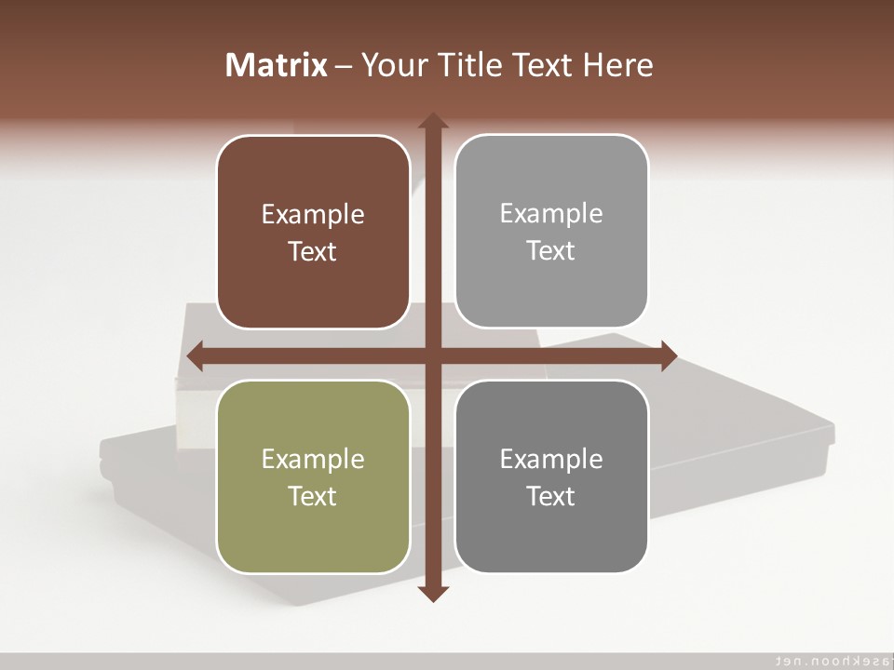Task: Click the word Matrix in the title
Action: click(x=277, y=65)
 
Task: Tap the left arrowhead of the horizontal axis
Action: click(x=196, y=355)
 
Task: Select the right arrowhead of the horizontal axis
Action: click(x=669, y=355)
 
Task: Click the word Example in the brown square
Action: click(x=313, y=215)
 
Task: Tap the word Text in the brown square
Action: click(x=313, y=252)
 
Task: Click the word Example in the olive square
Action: click(x=313, y=460)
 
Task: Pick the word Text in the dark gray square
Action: click(x=551, y=497)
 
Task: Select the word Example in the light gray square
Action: click(x=551, y=214)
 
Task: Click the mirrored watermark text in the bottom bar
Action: click(x=829, y=660)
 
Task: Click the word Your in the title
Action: click(x=392, y=65)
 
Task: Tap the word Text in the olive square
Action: click(x=313, y=497)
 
